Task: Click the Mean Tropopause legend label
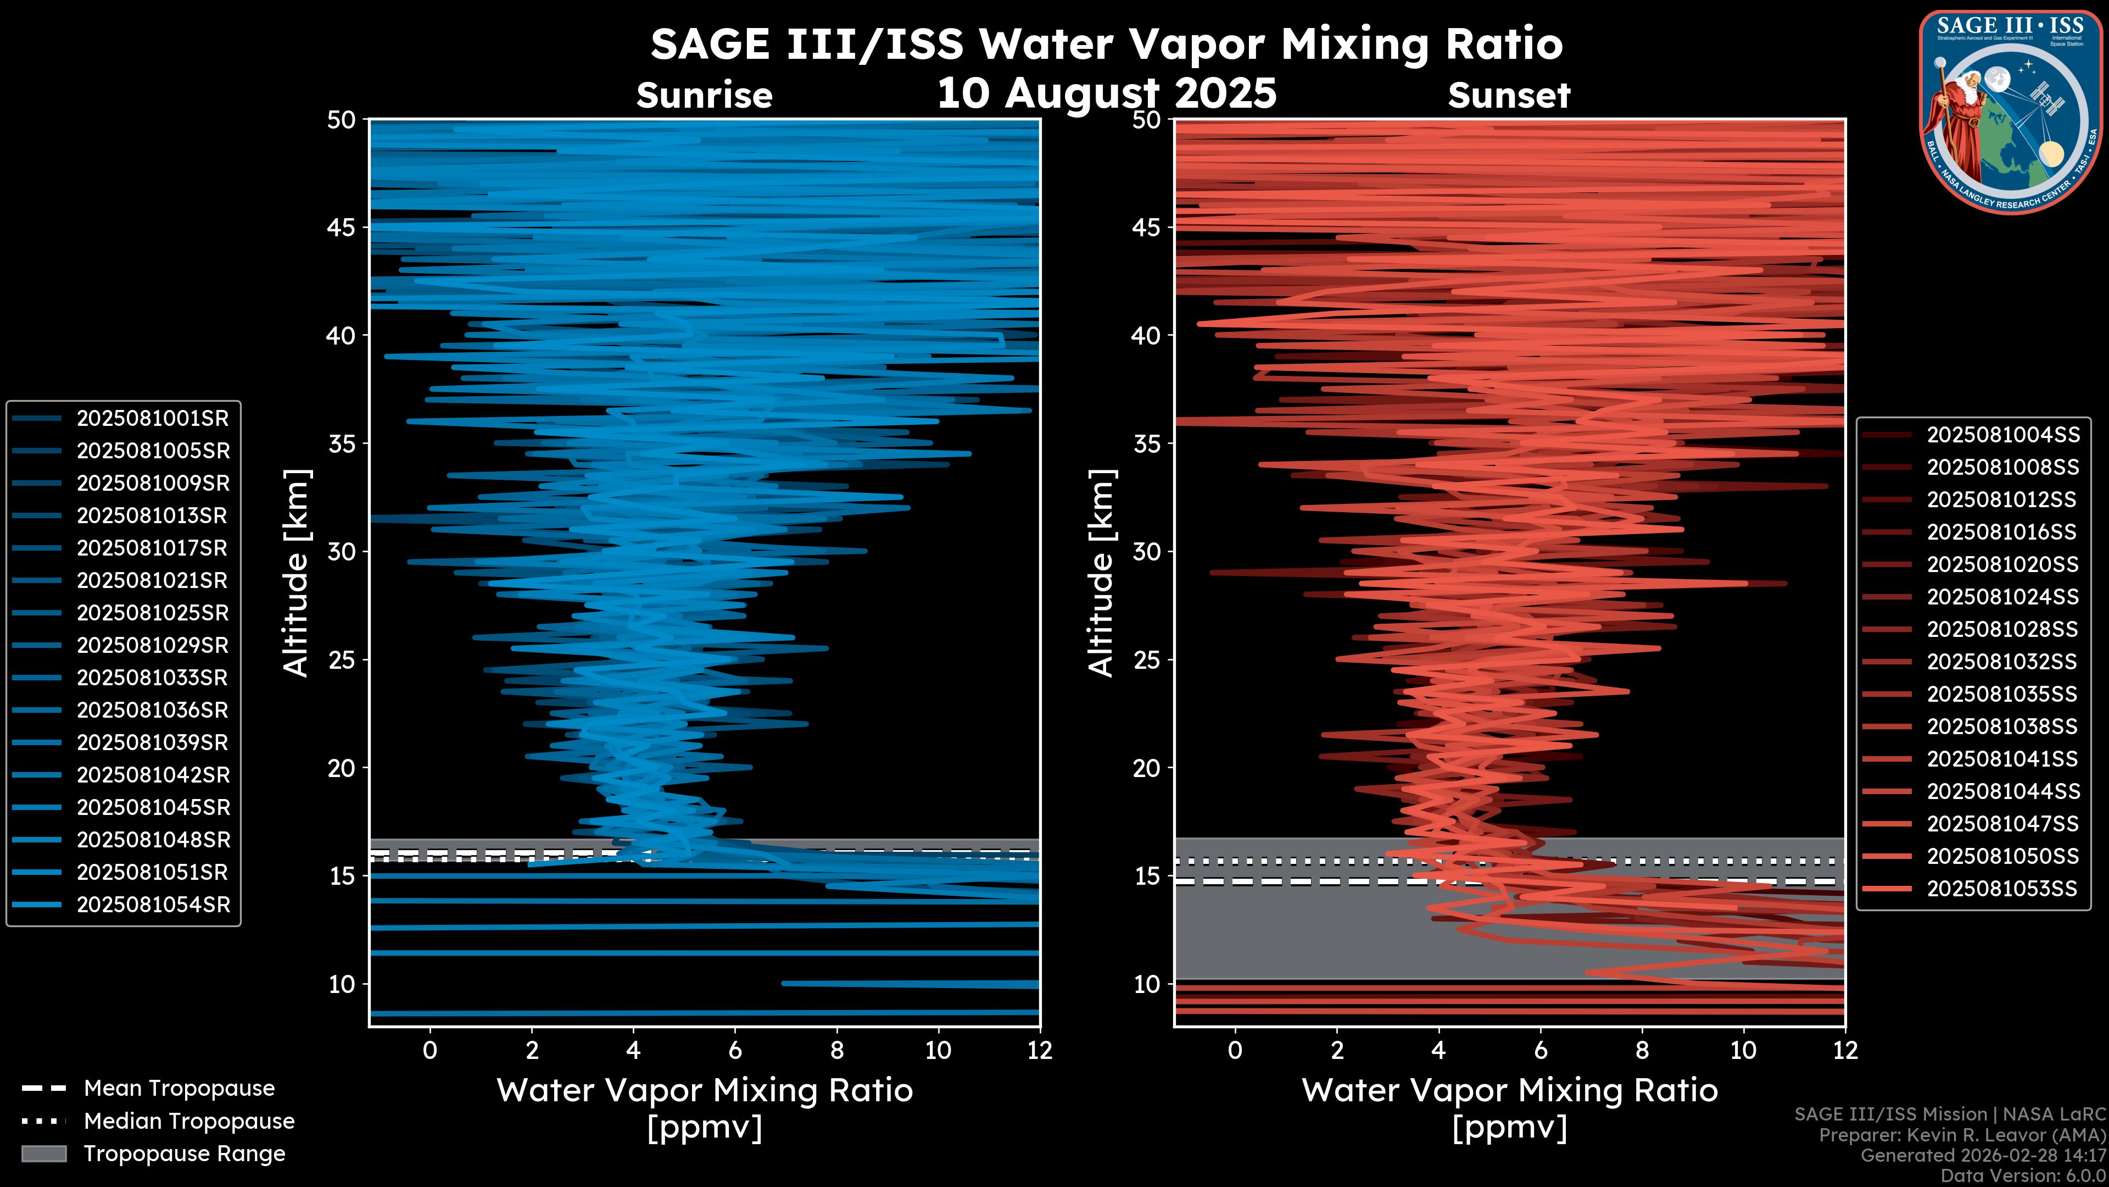[x=179, y=1089]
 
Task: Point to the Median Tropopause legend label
[x=189, y=1122]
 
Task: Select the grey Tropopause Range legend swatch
[x=43, y=1154]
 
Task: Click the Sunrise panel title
[x=704, y=96]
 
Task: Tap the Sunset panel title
[x=1509, y=96]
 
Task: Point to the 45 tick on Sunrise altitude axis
[x=342, y=228]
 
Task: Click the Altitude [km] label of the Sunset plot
[x=1101, y=573]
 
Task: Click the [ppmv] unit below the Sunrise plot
[x=704, y=1128]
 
